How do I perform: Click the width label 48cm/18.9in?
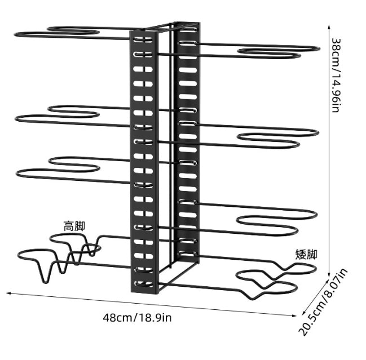pos(137,318)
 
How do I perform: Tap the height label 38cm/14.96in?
pos(336,75)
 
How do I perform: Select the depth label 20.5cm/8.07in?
pos(323,302)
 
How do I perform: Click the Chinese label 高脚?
pos(74,226)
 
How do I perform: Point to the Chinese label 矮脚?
pos(306,254)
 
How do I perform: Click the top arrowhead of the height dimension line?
pos(329,26)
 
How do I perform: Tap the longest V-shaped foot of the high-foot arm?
pos(45,272)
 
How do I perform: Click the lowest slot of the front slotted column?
pos(144,284)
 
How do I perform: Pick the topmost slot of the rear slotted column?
pos(188,30)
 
